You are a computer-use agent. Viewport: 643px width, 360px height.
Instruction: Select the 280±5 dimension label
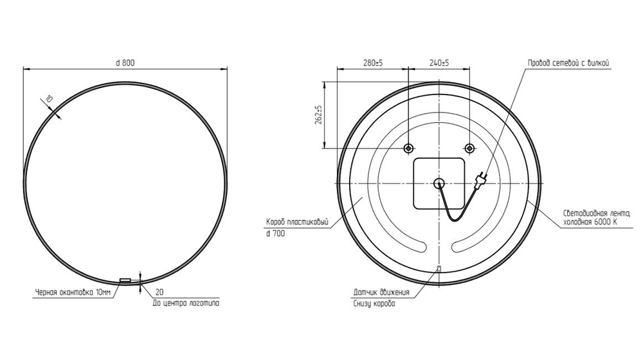pyautogui.click(x=373, y=63)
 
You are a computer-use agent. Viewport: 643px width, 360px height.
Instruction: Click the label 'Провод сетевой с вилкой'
pyautogui.click(x=568, y=63)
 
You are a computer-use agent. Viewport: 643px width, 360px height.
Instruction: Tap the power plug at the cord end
pyautogui.click(x=479, y=180)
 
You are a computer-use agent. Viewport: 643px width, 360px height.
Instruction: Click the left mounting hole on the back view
pyautogui.click(x=408, y=148)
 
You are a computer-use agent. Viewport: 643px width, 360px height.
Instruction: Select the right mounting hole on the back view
pyautogui.click(x=469, y=148)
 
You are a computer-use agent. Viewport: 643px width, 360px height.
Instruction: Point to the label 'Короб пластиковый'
pyautogui.click(x=297, y=222)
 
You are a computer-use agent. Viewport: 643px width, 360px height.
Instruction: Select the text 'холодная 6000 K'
pyautogui.click(x=590, y=222)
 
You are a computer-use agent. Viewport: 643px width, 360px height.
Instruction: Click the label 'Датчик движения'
pyautogui.click(x=381, y=292)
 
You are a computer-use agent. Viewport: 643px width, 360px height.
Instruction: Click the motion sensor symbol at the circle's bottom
pyautogui.click(x=439, y=269)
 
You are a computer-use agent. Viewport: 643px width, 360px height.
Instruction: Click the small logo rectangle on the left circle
pyautogui.click(x=125, y=280)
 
